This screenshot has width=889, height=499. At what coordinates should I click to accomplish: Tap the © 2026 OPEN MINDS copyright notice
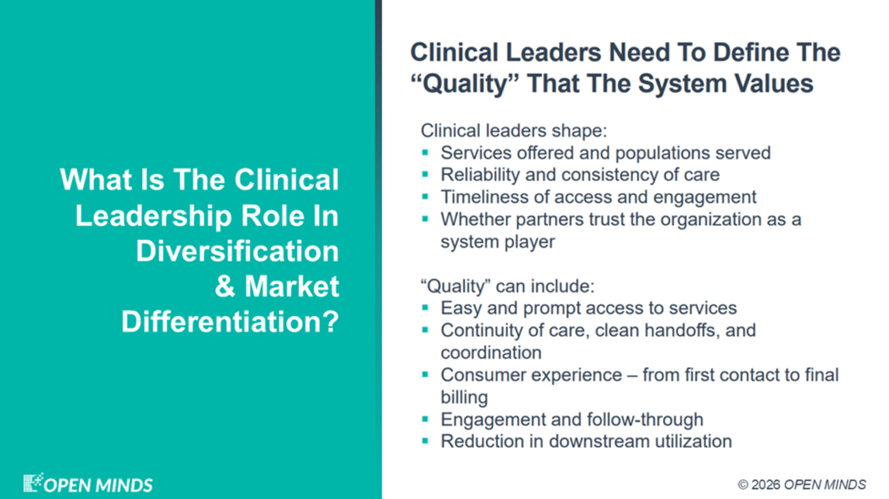(801, 484)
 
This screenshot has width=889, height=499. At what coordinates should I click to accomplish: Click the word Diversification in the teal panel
(237, 251)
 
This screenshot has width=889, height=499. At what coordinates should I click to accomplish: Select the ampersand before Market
(225, 287)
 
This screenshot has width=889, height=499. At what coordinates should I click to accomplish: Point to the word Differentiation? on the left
(230, 321)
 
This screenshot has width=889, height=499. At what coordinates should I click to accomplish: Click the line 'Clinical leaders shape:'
(513, 131)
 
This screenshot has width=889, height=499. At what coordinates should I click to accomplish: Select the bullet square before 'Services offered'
(425, 152)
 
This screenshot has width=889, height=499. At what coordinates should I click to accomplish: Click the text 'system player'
(498, 242)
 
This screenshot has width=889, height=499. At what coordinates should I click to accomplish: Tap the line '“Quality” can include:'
(508, 286)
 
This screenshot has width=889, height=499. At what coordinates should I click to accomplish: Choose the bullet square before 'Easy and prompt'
(425, 308)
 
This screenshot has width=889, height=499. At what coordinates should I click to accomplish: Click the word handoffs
(683, 331)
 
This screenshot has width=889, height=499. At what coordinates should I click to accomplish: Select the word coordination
(491, 353)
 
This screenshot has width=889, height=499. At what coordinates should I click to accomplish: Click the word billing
(464, 398)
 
